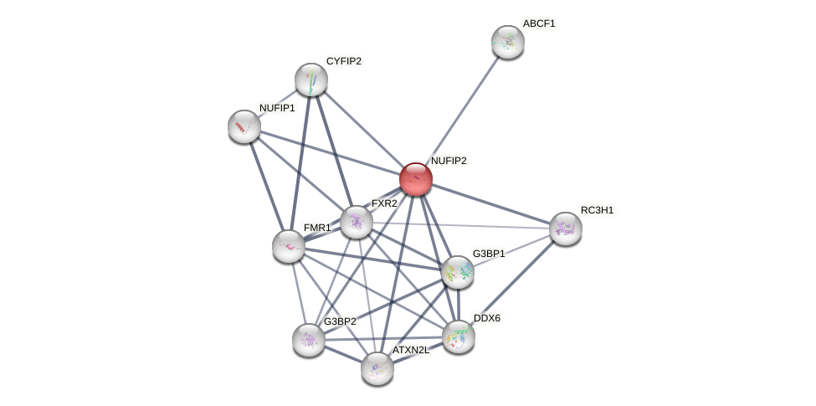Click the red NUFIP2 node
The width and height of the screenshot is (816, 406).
tap(415, 179)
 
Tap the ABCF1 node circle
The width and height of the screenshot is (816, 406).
tap(507, 42)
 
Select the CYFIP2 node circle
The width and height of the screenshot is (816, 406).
tap(311, 80)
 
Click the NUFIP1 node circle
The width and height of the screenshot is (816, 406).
tap(244, 126)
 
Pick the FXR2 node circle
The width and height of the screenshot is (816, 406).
tap(357, 222)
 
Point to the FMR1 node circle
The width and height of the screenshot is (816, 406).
tap(289, 245)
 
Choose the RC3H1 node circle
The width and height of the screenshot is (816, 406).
tap(566, 229)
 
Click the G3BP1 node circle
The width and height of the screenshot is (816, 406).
tap(458, 272)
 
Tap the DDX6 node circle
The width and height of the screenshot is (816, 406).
tap(459, 337)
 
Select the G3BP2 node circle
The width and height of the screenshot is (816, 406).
tap(309, 340)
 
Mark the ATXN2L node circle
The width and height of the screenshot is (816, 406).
tap(377, 367)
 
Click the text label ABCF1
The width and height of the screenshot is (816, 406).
tap(539, 23)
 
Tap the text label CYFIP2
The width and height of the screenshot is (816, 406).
tap(343, 61)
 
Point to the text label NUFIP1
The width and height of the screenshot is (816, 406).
tap(277, 108)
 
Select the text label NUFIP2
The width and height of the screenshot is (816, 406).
tap(449, 160)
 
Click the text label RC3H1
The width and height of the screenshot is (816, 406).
tap(598, 210)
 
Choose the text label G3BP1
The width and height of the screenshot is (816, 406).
tap(489, 254)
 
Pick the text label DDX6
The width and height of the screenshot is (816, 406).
tap(487, 318)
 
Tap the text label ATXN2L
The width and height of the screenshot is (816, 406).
tap(411, 350)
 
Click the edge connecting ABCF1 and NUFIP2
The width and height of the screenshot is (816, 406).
tap(461, 110)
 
